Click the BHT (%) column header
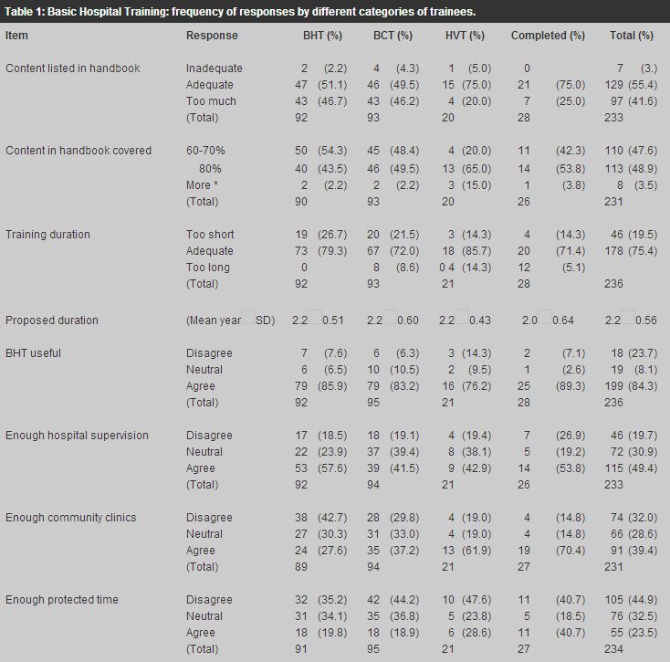click(322, 36)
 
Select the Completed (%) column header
click(548, 36)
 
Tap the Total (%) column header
click(632, 36)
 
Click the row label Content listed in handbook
click(73, 68)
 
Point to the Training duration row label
click(47, 234)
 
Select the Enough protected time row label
click(62, 600)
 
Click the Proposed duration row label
click(52, 320)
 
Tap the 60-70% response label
click(205, 151)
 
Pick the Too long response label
click(208, 268)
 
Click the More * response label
click(202, 185)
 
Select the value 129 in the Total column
click(613, 85)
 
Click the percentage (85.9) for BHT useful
click(332, 386)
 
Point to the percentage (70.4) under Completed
click(571, 551)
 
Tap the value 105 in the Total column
click(613, 600)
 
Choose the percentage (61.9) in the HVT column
click(476, 551)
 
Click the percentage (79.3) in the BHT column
click(332, 251)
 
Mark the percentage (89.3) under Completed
click(571, 386)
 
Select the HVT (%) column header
click(465, 36)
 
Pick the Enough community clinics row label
click(71, 518)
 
